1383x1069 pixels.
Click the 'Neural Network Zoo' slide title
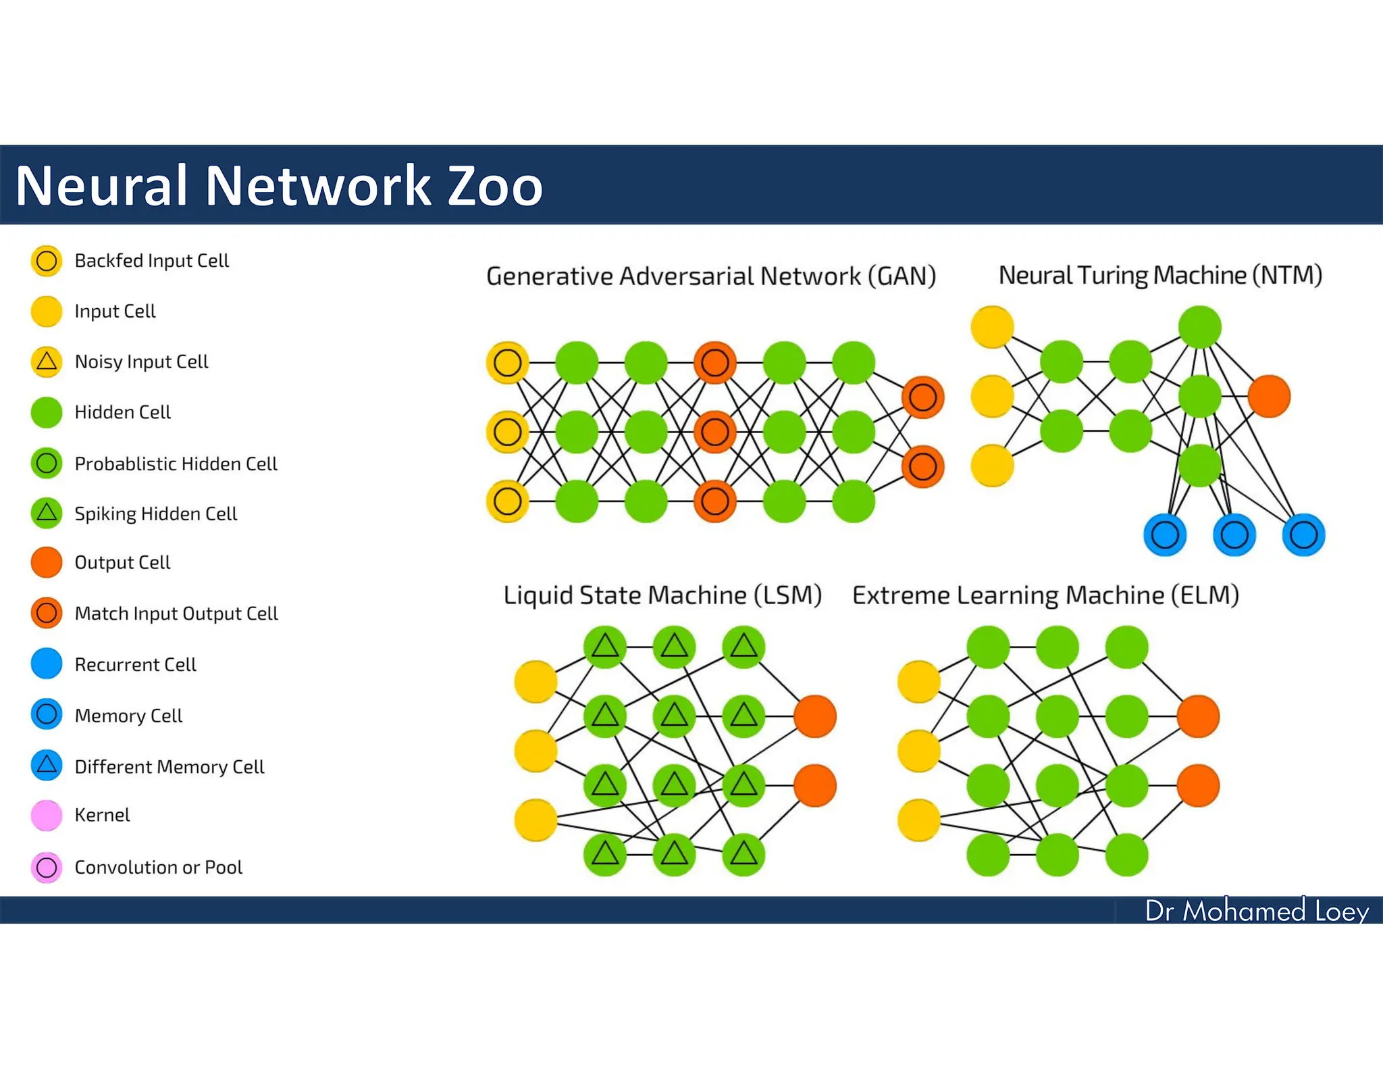click(x=279, y=186)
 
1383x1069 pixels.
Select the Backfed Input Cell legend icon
click(x=47, y=261)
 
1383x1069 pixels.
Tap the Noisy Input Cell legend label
click(x=141, y=362)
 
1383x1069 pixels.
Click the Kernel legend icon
click(x=47, y=816)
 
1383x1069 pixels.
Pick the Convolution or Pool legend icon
click(x=47, y=868)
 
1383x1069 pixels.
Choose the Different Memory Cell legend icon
click(x=47, y=766)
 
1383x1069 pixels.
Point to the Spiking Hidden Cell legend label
click(x=155, y=514)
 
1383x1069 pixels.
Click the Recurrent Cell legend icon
click(x=47, y=664)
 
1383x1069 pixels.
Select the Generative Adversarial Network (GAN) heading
click(x=710, y=276)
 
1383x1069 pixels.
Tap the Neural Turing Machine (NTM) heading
click(x=1159, y=275)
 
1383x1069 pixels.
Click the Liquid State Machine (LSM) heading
click(x=662, y=595)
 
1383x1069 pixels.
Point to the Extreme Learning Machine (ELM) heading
click(x=1045, y=595)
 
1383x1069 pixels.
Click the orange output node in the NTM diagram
click(x=1269, y=397)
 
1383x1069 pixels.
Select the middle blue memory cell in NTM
click(x=1234, y=535)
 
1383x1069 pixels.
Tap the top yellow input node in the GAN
click(x=507, y=363)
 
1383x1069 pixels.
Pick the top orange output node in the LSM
click(x=815, y=716)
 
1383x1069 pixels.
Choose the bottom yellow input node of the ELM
click(x=918, y=820)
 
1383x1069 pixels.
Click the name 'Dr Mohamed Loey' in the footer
click(x=1256, y=911)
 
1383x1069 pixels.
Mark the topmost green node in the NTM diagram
click(x=1199, y=327)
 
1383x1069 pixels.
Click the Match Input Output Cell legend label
click(x=176, y=614)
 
